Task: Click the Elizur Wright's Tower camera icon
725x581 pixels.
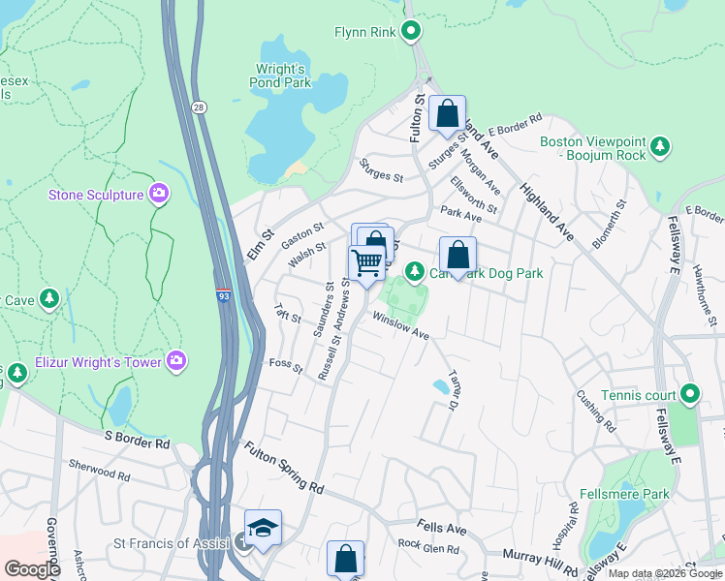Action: [175, 360]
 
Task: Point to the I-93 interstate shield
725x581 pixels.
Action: [224, 297]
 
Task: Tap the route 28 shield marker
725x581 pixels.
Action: [198, 106]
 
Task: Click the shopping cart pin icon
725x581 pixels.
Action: [366, 262]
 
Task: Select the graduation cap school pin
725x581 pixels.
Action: [263, 527]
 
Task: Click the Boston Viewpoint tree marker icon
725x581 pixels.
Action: [660, 147]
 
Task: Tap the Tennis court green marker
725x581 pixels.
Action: [689, 394]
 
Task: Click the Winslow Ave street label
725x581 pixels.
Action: [400, 325]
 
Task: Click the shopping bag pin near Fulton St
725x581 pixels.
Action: [447, 113]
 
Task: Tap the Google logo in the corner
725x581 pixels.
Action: [32, 569]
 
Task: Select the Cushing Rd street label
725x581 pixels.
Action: [595, 410]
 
